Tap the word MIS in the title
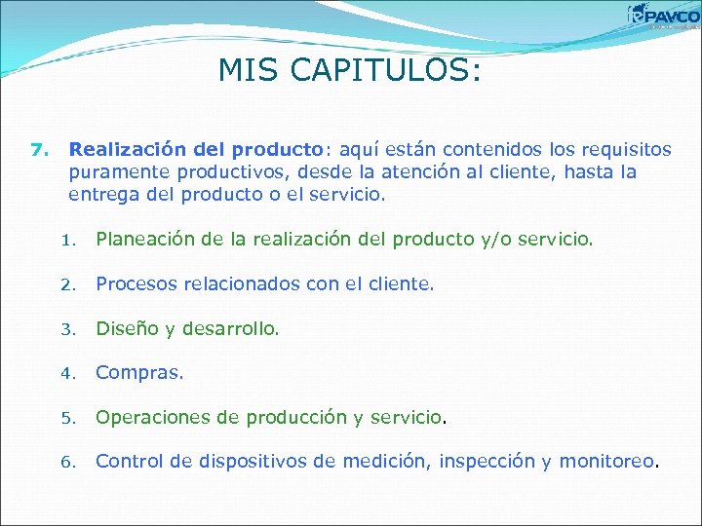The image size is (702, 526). point(244,70)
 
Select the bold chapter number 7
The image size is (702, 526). point(39,150)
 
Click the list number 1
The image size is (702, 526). point(66,240)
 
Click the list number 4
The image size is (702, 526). point(66,374)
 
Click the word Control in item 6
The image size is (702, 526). point(127,462)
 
